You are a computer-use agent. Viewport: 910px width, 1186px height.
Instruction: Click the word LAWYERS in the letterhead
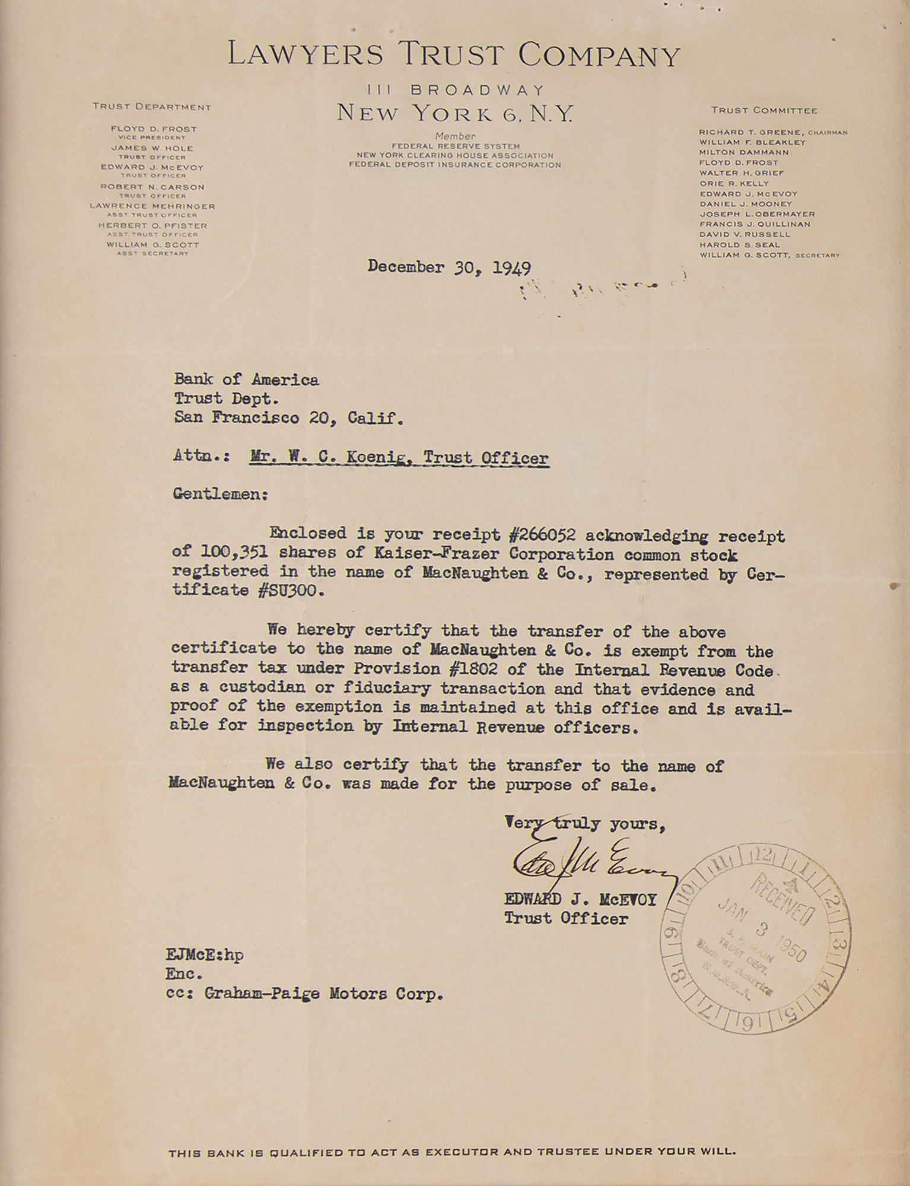point(306,55)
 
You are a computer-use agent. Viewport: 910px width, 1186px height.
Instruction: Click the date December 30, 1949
point(448,267)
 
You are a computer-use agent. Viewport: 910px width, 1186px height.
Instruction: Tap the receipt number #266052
point(542,535)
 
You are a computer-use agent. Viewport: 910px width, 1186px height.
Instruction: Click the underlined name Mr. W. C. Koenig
point(323,458)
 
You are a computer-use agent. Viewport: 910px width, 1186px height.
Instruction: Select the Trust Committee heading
point(764,110)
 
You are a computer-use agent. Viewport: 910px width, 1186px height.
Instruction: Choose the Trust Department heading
point(152,107)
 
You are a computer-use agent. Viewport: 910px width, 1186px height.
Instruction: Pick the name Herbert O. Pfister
point(152,226)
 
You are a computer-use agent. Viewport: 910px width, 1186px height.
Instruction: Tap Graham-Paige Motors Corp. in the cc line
point(324,994)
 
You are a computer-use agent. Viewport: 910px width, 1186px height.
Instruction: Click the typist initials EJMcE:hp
point(205,955)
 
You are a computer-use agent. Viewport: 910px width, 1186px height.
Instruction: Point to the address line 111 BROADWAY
point(455,90)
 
